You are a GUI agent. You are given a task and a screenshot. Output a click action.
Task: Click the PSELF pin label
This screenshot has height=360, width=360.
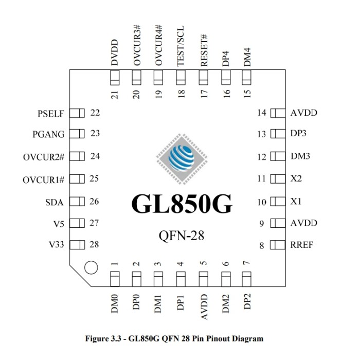51,113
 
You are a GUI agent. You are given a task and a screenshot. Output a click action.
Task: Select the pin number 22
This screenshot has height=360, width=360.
95,113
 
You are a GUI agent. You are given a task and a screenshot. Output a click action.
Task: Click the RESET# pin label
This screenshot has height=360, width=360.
203,50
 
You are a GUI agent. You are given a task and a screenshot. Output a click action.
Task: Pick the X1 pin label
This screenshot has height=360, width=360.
296,202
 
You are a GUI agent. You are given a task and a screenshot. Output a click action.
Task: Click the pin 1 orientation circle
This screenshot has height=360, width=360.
91,267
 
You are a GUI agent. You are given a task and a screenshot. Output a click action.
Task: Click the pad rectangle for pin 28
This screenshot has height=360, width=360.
77,245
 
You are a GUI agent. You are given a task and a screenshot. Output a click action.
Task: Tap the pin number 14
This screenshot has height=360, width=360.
262,113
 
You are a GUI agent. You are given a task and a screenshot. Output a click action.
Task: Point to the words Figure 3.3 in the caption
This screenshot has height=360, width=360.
105,338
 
